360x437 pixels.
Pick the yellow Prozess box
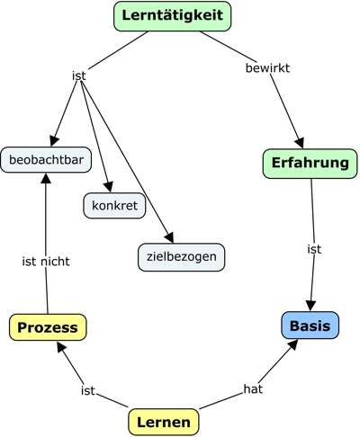tap(49, 326)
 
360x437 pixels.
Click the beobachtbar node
tap(43, 160)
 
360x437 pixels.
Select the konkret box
tap(113, 206)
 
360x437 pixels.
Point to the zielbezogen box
tap(180, 257)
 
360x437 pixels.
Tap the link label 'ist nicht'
tap(45, 261)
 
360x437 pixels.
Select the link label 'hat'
tap(253, 388)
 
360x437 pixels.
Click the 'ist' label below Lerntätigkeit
tap(78, 76)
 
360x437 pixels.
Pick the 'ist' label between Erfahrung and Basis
tap(314, 248)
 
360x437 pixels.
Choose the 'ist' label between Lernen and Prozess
tap(87, 390)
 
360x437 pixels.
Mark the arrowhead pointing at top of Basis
tap(311, 304)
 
